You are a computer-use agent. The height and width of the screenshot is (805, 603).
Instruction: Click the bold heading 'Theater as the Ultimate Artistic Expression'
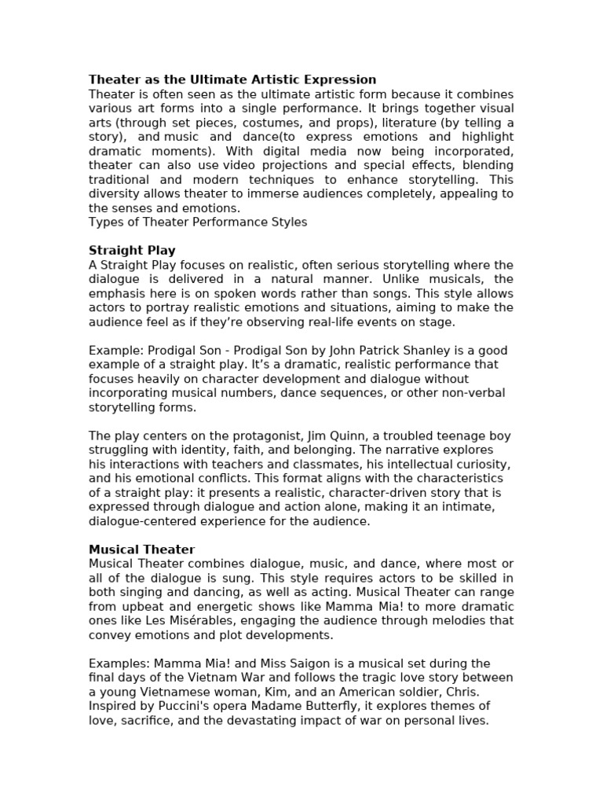click(x=232, y=79)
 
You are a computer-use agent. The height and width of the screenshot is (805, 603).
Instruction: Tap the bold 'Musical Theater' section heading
click(x=141, y=550)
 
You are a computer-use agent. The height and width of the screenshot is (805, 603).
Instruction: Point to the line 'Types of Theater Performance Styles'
click(x=198, y=222)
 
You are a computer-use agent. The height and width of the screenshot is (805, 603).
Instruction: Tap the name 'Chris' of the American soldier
click(x=461, y=692)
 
